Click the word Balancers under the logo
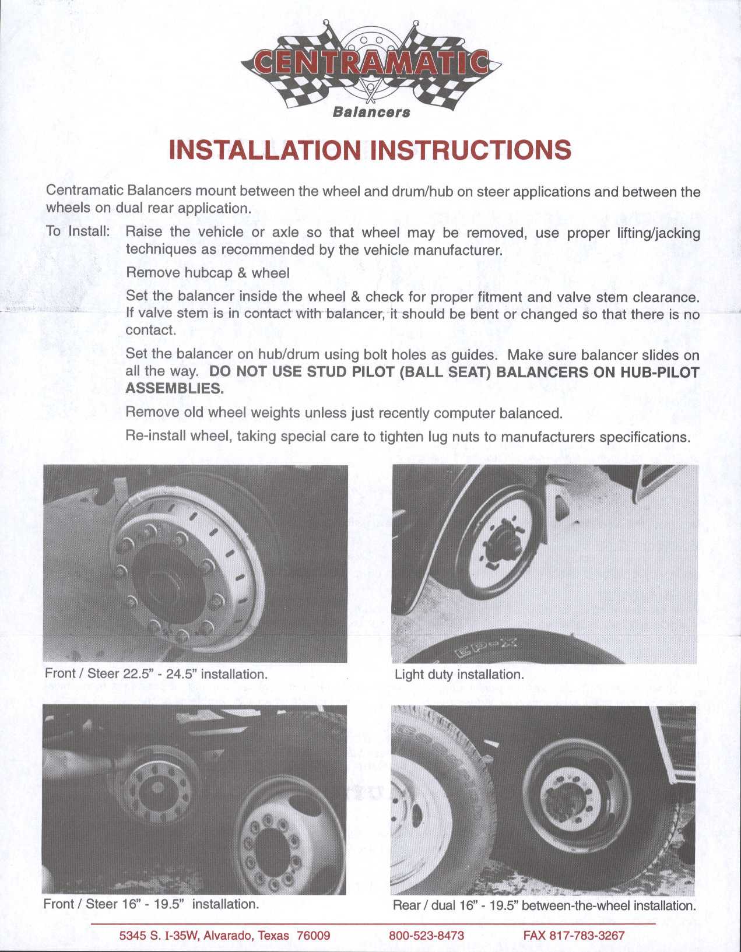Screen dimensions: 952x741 pos(371,112)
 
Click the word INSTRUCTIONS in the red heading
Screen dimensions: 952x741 pos(471,150)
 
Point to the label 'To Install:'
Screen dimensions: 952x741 pos(78,231)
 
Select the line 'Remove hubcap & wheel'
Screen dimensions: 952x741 pos(208,272)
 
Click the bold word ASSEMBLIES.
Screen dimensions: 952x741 pos(174,389)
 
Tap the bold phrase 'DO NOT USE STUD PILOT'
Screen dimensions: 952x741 pos(303,372)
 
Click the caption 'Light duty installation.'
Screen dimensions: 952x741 pos(459,675)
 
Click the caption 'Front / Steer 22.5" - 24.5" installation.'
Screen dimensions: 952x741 pos(156,674)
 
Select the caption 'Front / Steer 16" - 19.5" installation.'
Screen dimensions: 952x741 pos(151,904)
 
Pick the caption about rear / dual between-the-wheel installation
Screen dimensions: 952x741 pos(544,905)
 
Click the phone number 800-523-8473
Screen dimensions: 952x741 pos(426,936)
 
